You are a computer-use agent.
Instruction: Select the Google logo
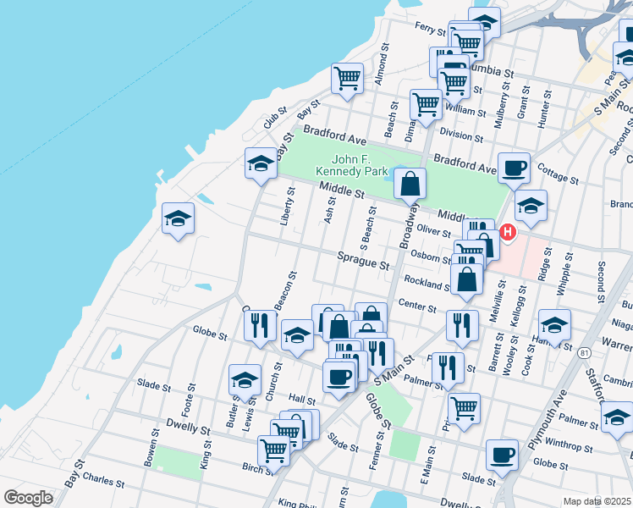pyautogui.click(x=28, y=498)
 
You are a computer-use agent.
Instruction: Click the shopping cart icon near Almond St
pyautogui.click(x=347, y=79)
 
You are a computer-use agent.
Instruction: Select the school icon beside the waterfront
pyautogui.click(x=178, y=219)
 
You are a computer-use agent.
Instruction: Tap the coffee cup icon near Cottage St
pyautogui.click(x=514, y=168)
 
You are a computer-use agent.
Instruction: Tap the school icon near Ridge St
pyautogui.click(x=531, y=206)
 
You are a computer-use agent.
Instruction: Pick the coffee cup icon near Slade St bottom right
pyautogui.click(x=502, y=455)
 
